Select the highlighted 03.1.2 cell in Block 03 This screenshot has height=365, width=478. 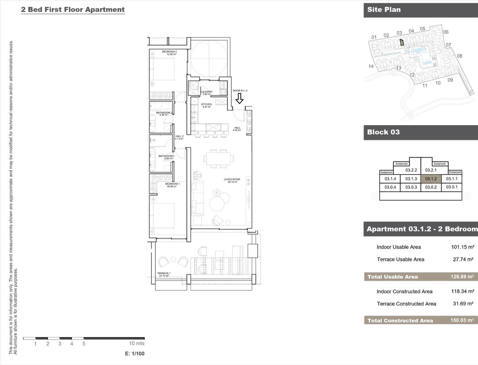pyautogui.click(x=431, y=179)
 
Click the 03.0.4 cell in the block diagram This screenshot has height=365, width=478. pyautogui.click(x=390, y=187)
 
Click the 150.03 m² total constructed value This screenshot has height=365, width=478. pyautogui.click(x=464, y=320)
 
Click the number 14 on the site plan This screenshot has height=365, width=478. pyautogui.click(x=371, y=67)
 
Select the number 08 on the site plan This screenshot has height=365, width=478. pyautogui.click(x=459, y=56)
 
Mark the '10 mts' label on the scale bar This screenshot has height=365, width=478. pyautogui.click(x=137, y=343)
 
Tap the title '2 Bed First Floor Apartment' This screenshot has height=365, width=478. pyautogui.click(x=73, y=10)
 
